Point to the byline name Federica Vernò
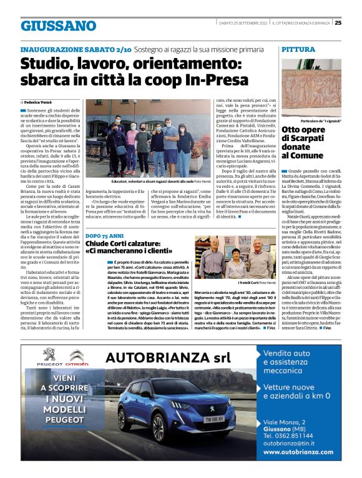40,100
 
